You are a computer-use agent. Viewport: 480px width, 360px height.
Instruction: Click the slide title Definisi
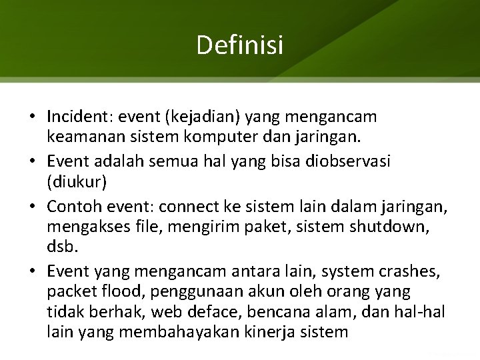[240, 45]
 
